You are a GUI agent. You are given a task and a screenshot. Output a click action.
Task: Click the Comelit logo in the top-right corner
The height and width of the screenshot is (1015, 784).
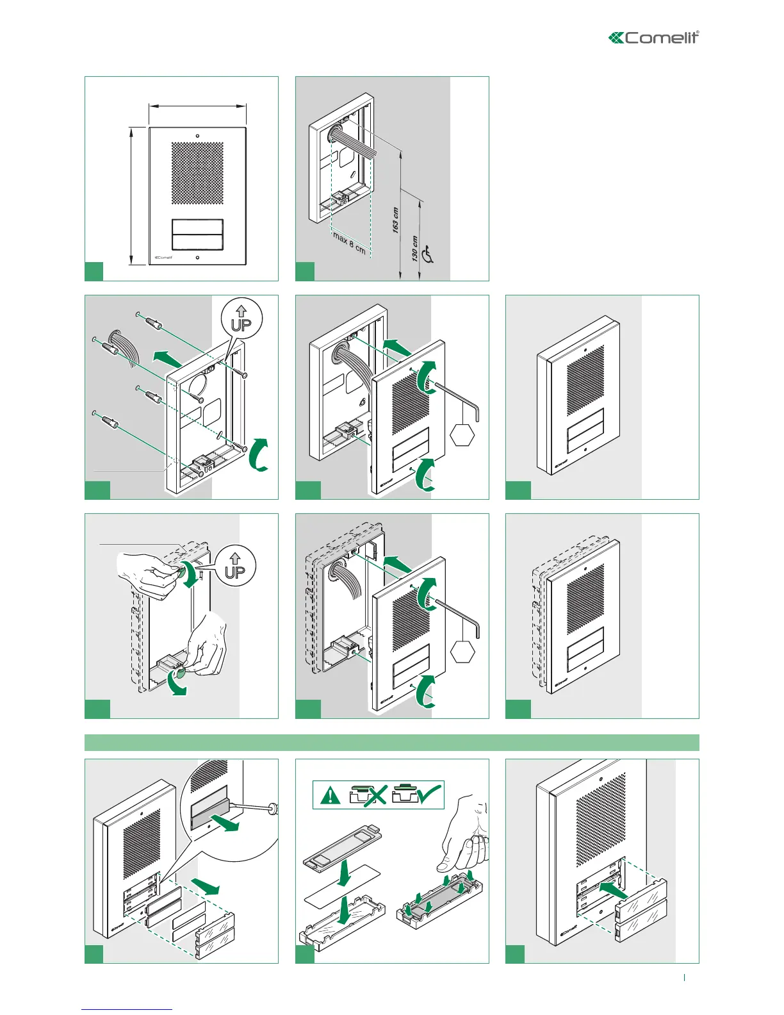pyautogui.click(x=653, y=38)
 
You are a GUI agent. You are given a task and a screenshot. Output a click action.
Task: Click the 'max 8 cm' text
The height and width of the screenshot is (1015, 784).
pyautogui.click(x=349, y=243)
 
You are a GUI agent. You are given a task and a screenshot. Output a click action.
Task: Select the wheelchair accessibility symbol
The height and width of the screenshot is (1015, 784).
pyautogui.click(x=428, y=256)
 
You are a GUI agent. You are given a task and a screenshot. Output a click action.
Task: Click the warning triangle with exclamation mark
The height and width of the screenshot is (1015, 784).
pyautogui.click(x=331, y=795)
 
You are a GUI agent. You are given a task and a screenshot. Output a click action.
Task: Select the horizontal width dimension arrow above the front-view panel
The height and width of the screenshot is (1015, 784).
pyautogui.click(x=197, y=106)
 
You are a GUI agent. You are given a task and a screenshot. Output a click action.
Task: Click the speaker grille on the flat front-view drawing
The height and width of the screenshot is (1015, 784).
pyautogui.click(x=197, y=173)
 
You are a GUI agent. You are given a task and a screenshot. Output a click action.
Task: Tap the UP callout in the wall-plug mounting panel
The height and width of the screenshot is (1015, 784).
pyautogui.click(x=241, y=319)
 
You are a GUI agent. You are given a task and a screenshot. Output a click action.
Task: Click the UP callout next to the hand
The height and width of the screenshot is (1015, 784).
pyautogui.click(x=235, y=566)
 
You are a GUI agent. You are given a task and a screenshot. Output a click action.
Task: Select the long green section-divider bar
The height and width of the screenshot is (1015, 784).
pyautogui.click(x=391, y=743)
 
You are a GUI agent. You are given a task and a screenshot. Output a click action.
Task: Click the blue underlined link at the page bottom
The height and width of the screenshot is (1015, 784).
pyautogui.click(x=127, y=1010)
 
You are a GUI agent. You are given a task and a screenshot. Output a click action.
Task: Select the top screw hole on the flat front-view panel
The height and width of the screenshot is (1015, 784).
pyautogui.click(x=197, y=136)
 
